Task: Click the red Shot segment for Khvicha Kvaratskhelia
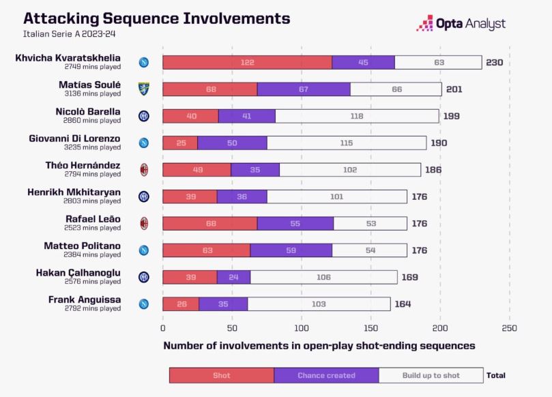(247, 62)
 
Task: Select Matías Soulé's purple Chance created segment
(304, 89)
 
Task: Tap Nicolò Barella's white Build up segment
(357, 116)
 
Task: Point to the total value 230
(494, 62)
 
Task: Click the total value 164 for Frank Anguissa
(403, 304)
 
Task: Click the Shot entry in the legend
(221, 375)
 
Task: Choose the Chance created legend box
(326, 375)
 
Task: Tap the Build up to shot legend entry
(431, 375)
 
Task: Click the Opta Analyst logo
(461, 24)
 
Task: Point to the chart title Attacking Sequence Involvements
(147, 18)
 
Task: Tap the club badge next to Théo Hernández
(144, 170)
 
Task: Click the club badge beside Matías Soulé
(144, 89)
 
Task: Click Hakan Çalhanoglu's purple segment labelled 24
(233, 277)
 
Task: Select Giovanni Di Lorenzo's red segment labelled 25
(180, 143)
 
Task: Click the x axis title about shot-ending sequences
(319, 346)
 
